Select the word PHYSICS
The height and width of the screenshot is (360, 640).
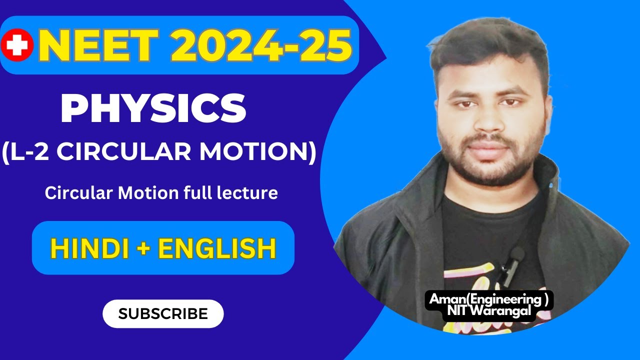(x=153, y=110)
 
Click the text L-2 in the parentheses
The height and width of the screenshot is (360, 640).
(x=30, y=152)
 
